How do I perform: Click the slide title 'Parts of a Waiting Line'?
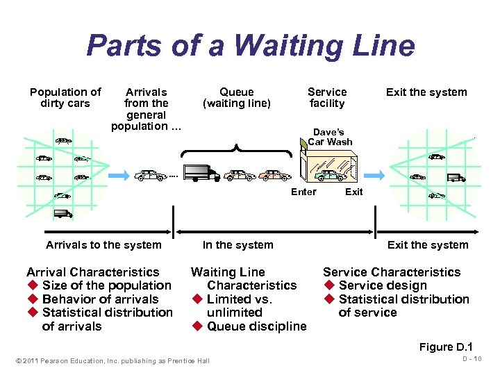tap(250, 47)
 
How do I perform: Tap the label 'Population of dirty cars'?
tap(65, 97)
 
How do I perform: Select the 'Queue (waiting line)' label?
tap(236, 97)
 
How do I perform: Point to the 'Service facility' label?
tap(327, 97)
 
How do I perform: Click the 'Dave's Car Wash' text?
tap(330, 137)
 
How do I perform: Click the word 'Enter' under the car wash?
tap(303, 192)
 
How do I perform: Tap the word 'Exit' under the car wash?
tap(353, 192)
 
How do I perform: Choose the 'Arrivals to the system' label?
tap(103, 244)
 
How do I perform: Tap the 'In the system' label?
tap(238, 244)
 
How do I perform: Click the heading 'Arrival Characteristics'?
tap(92, 272)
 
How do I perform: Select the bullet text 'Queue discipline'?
tap(256, 326)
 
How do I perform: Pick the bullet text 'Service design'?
tap(383, 285)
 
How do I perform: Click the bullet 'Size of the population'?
tap(106, 285)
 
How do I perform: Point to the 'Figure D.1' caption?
tap(446, 347)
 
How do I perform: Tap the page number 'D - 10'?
tap(474, 358)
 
